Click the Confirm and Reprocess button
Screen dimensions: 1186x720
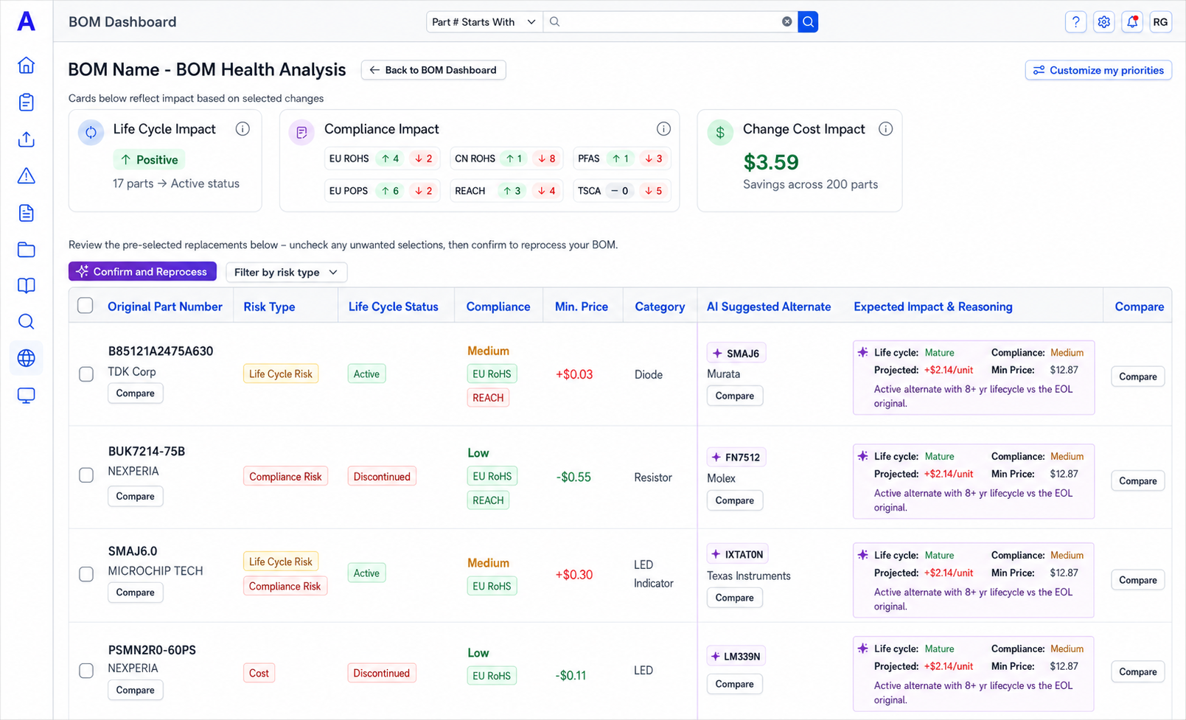coord(142,272)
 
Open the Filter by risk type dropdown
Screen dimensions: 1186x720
coord(287,272)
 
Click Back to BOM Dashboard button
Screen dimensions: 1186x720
coord(433,70)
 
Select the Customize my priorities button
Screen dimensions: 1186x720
coord(1098,71)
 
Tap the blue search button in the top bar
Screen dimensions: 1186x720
coord(808,21)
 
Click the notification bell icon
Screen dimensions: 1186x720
coord(1132,21)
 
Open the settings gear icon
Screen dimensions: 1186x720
coord(1104,21)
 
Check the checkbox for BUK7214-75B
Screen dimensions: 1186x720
coord(86,475)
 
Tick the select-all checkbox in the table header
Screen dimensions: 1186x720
coord(86,306)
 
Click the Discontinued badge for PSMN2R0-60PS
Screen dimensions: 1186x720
coord(382,673)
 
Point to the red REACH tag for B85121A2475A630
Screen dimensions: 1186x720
coord(488,398)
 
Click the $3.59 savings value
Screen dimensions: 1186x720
coord(771,162)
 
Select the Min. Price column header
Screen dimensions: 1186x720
coord(582,307)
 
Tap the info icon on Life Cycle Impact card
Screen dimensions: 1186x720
coord(243,129)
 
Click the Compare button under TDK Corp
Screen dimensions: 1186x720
coord(136,394)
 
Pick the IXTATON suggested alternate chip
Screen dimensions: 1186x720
coord(738,554)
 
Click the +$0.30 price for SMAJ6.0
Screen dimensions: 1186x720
coord(574,574)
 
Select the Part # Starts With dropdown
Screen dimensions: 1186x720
coord(484,21)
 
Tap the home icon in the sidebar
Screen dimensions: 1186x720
coord(26,65)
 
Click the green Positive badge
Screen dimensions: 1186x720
coord(150,159)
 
